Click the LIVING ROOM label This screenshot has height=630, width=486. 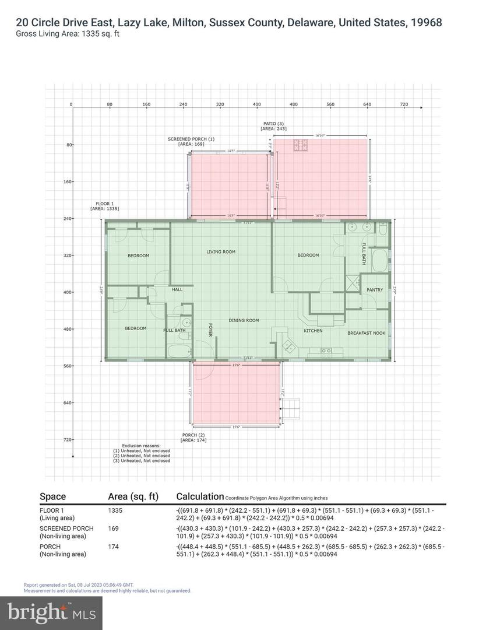click(221, 252)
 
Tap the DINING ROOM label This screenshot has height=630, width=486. click(244, 320)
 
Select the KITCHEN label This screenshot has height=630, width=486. click(313, 331)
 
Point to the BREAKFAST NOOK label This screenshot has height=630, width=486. click(366, 332)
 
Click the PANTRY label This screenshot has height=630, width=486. click(375, 290)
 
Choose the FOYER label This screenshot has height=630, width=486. click(210, 330)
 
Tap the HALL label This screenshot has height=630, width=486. click(177, 289)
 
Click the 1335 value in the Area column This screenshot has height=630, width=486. click(115, 510)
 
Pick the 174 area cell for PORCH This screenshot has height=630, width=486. click(113, 547)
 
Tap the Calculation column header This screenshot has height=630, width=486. click(200, 496)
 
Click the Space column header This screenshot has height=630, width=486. click(52, 496)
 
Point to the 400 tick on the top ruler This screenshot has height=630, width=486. click(256, 104)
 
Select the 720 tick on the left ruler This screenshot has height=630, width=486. click(67, 439)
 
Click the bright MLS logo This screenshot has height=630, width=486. click(52, 612)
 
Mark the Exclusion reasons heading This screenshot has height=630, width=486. click(142, 445)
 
